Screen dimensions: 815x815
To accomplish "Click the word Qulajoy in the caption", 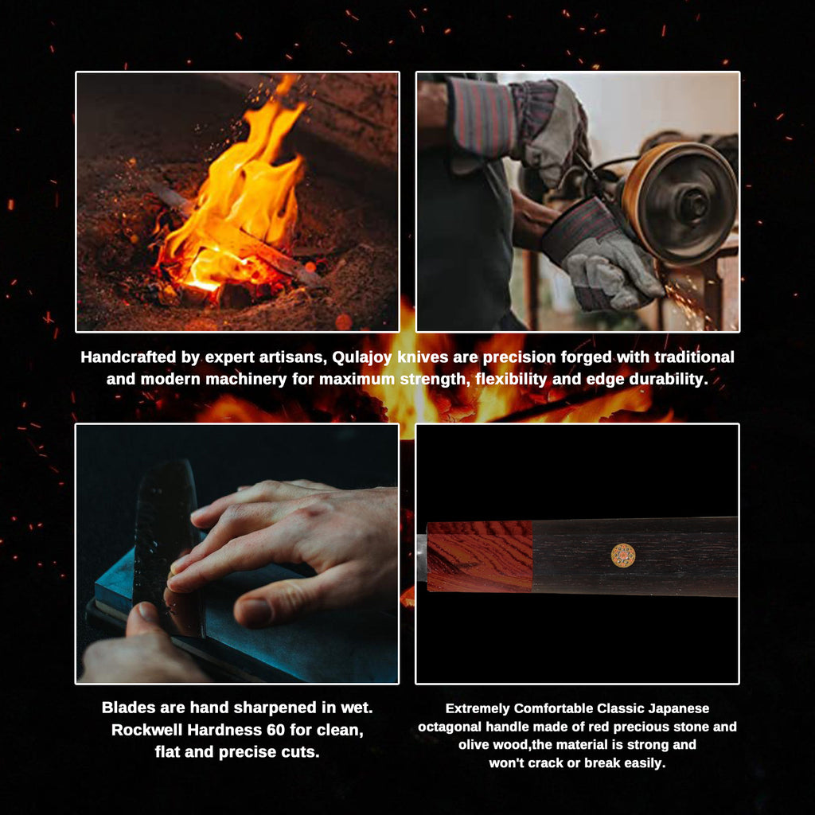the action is [363, 357].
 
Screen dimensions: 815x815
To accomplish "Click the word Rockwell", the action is [146, 730].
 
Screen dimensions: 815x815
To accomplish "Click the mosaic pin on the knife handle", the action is [622, 555].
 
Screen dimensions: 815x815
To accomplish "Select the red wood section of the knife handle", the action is [479, 556].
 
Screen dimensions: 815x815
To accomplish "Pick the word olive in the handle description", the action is [475, 745].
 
